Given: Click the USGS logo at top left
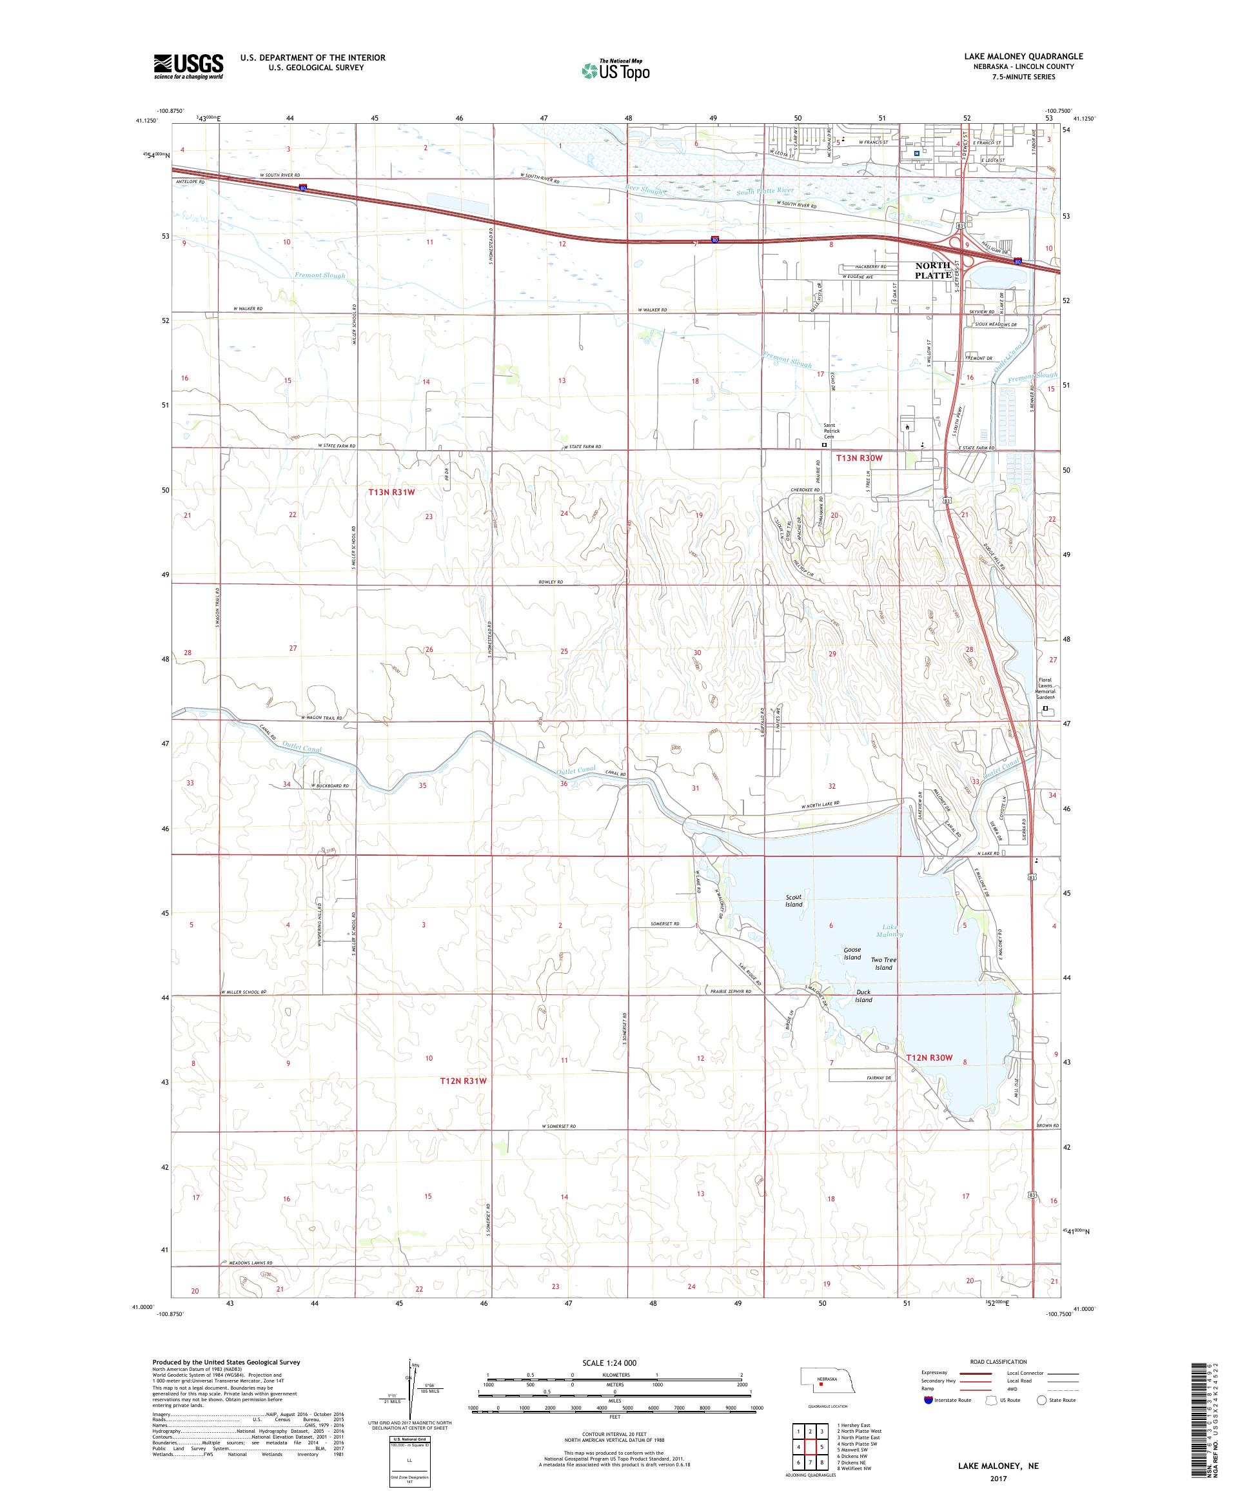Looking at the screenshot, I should point(188,66).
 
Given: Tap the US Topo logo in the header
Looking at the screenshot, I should point(616,70).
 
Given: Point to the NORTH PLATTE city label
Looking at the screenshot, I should point(933,270).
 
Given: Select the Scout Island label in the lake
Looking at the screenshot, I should point(794,900).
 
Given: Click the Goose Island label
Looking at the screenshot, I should point(852,953).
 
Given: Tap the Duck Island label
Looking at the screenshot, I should point(863,995).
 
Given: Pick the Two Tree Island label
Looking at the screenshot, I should point(883,963).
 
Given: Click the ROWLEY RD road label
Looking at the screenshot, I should point(550,582).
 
